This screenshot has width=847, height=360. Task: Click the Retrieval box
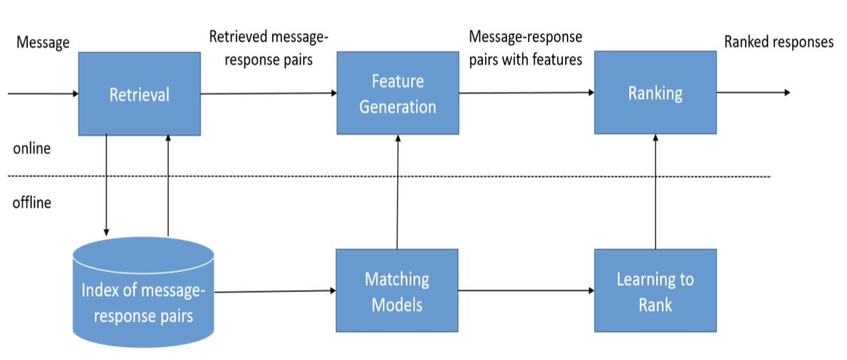pos(139,94)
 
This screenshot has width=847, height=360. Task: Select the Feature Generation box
pos(398,93)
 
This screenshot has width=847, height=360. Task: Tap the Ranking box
pos(655,92)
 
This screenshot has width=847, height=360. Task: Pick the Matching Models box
pos(397,290)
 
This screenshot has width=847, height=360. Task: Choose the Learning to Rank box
pos(655,290)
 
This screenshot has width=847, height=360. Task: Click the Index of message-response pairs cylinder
pos(143,292)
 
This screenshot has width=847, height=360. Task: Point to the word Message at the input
pos(44,42)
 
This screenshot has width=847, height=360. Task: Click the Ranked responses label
pos(779,41)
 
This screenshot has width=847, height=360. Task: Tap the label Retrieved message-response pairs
pos(269,48)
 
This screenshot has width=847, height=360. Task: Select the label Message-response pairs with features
pos(526,48)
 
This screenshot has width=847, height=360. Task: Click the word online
pos(32,149)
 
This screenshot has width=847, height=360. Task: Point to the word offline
pos(32,204)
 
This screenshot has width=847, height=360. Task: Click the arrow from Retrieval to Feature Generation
pos(269,94)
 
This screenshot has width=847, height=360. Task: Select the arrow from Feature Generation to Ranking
pos(526,93)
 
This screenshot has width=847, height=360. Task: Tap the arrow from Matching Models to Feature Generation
pos(398,192)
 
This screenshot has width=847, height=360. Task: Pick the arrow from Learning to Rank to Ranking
pos(656,191)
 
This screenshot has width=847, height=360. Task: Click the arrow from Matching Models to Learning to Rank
pos(526,291)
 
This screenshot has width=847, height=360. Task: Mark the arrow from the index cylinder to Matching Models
pos(276,291)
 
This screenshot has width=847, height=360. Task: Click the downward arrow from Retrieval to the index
pos(106,186)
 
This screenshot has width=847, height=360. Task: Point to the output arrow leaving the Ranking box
pos(753,92)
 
